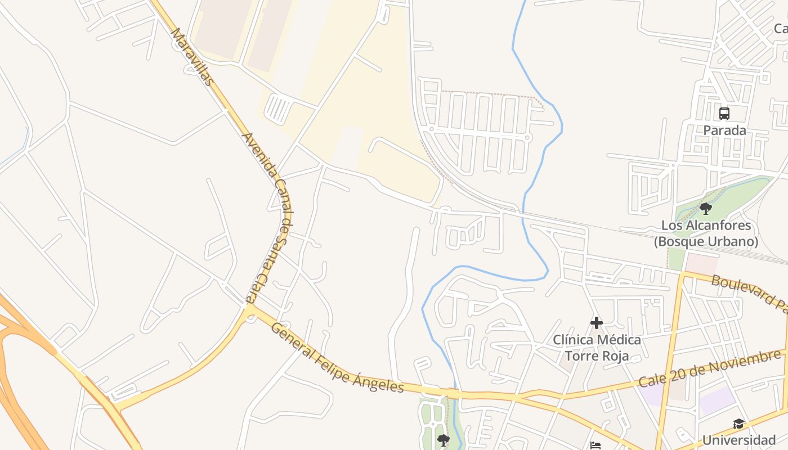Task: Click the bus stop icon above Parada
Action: [724, 113]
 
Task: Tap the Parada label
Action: [724, 130]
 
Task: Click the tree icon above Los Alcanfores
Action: [705, 209]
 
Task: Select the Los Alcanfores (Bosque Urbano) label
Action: [706, 233]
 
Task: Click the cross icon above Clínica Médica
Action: [597, 323]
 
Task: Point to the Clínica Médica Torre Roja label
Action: [597, 348]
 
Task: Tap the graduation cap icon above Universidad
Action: [738, 424]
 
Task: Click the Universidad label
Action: [738, 440]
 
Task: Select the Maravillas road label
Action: [192, 57]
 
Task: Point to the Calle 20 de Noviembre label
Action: [709, 368]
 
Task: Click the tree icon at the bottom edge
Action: [444, 440]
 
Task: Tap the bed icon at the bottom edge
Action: [596, 446]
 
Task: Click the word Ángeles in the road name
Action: [379, 381]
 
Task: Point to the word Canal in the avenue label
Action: [283, 200]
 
